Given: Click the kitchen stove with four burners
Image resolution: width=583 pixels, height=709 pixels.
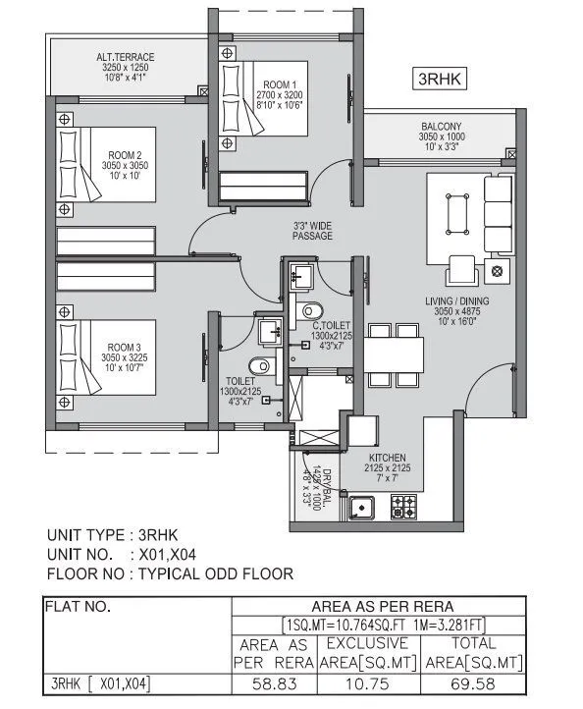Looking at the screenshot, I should [x=403, y=507].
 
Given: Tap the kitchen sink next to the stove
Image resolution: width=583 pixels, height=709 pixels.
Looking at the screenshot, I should [x=360, y=507].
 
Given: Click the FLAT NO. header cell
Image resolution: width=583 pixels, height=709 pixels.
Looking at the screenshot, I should [x=77, y=607].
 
